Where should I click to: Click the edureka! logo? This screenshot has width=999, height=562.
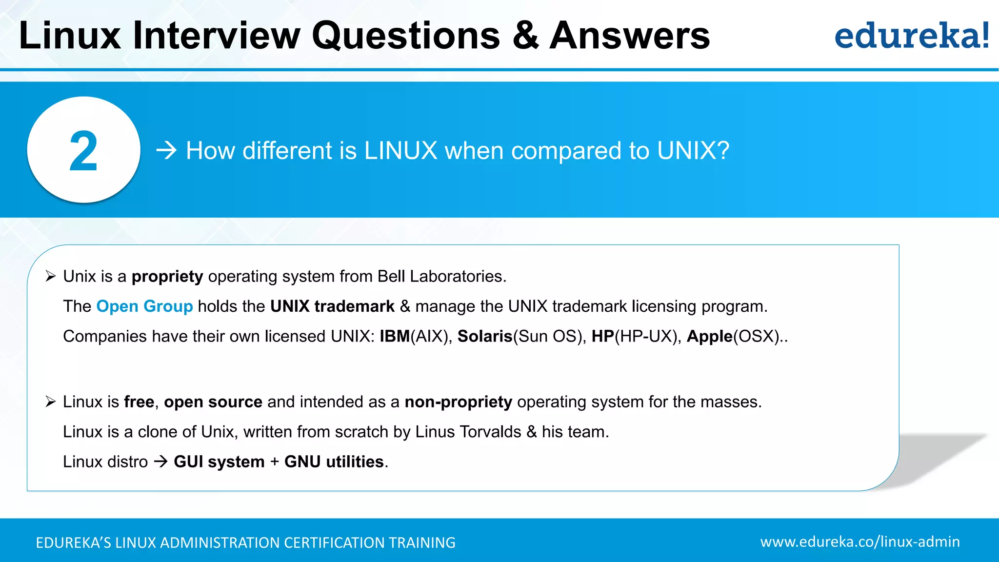pos(911,36)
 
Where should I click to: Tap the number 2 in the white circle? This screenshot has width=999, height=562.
pos(83,151)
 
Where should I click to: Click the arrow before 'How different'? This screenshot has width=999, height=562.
pos(166,150)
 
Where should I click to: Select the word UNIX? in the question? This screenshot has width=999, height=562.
pos(693,150)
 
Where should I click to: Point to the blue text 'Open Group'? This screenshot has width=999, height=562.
pos(144,306)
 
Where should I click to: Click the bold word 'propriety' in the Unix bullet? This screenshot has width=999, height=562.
pos(167,277)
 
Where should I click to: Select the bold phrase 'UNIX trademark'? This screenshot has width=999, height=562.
pos(332,306)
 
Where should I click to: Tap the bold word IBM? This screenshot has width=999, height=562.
pos(395,336)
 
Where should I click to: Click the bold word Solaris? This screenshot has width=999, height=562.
pos(484,336)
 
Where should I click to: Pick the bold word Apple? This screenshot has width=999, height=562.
pos(709,336)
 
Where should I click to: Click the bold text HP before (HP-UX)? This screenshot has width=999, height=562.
pos(602,336)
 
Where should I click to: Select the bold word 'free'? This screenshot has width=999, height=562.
pos(139,402)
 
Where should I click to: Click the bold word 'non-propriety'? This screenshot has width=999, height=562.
pos(458,402)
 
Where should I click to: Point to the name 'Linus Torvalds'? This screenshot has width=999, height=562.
pos(468,432)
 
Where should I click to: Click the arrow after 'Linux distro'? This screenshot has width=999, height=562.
pos(160,462)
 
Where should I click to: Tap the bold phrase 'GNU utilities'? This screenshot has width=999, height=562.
pos(334,462)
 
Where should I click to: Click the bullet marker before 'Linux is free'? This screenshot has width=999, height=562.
pos(51,402)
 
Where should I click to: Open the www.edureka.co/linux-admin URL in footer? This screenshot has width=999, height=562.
pos(859,542)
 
